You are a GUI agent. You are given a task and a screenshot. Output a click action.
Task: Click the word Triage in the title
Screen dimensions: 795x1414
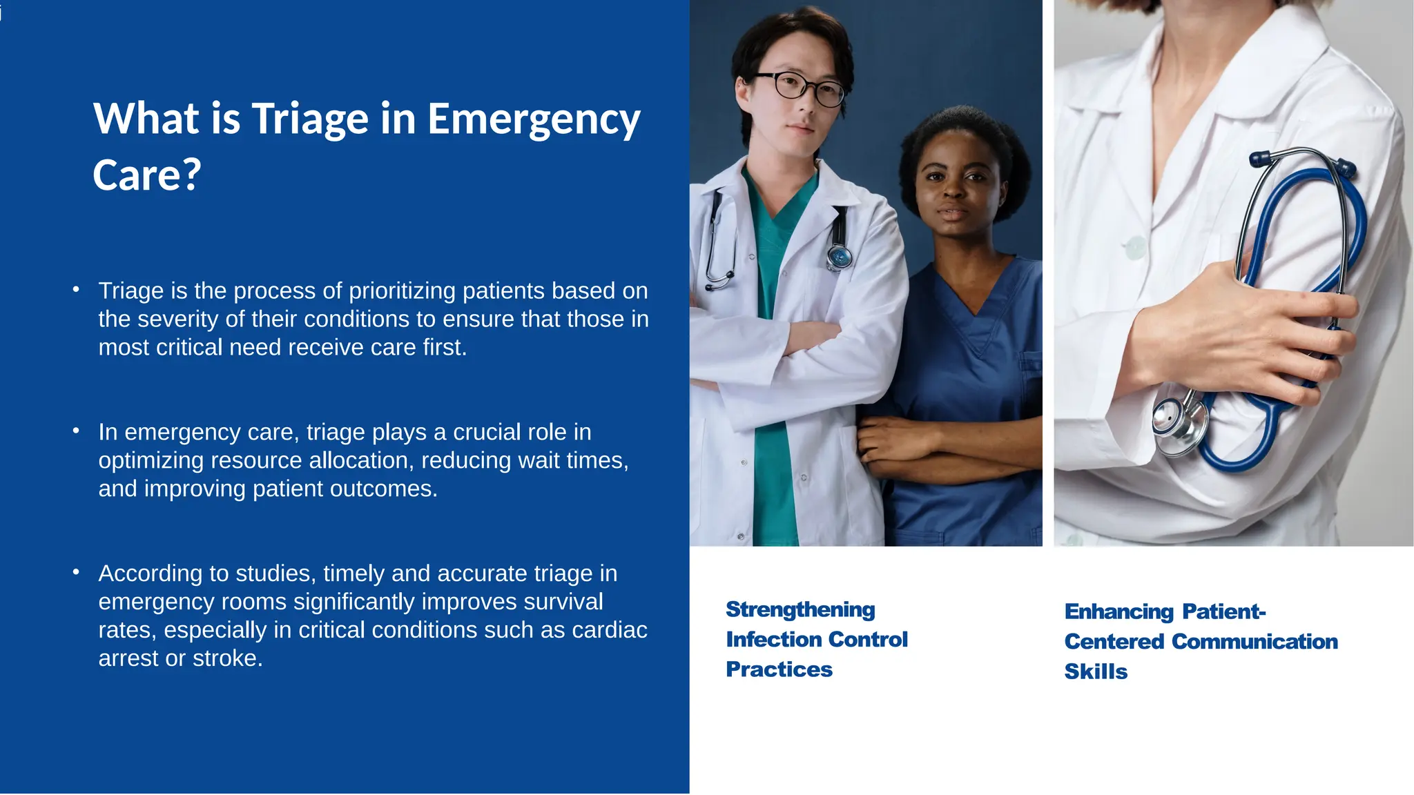pyautogui.click(x=309, y=119)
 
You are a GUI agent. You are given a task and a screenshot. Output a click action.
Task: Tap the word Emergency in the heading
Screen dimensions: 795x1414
pyautogui.click(x=534, y=119)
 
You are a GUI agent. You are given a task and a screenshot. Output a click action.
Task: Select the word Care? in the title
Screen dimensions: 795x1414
pyautogui.click(x=146, y=175)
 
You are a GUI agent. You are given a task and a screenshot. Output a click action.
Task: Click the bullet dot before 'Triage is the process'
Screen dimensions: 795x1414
pyautogui.click(x=76, y=289)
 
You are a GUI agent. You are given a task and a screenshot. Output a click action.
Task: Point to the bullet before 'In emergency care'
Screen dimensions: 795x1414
pyautogui.click(x=76, y=431)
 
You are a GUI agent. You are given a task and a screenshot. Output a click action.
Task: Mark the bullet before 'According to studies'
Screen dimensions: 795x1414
pyautogui.click(x=76, y=572)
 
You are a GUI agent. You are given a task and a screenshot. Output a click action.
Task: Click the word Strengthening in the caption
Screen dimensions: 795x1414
pyautogui.click(x=800, y=610)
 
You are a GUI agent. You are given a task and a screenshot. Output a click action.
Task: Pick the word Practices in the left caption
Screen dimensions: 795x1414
pyautogui.click(x=779, y=669)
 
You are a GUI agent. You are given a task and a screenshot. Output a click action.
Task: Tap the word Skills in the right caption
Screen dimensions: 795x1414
pyautogui.click(x=1096, y=671)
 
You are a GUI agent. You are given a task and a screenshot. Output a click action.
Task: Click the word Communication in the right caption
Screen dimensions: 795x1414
pyautogui.click(x=1255, y=642)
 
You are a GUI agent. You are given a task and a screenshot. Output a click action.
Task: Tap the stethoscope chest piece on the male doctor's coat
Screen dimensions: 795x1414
pyautogui.click(x=840, y=257)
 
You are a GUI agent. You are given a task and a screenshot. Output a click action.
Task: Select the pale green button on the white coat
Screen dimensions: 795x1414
pyautogui.click(x=1134, y=247)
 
